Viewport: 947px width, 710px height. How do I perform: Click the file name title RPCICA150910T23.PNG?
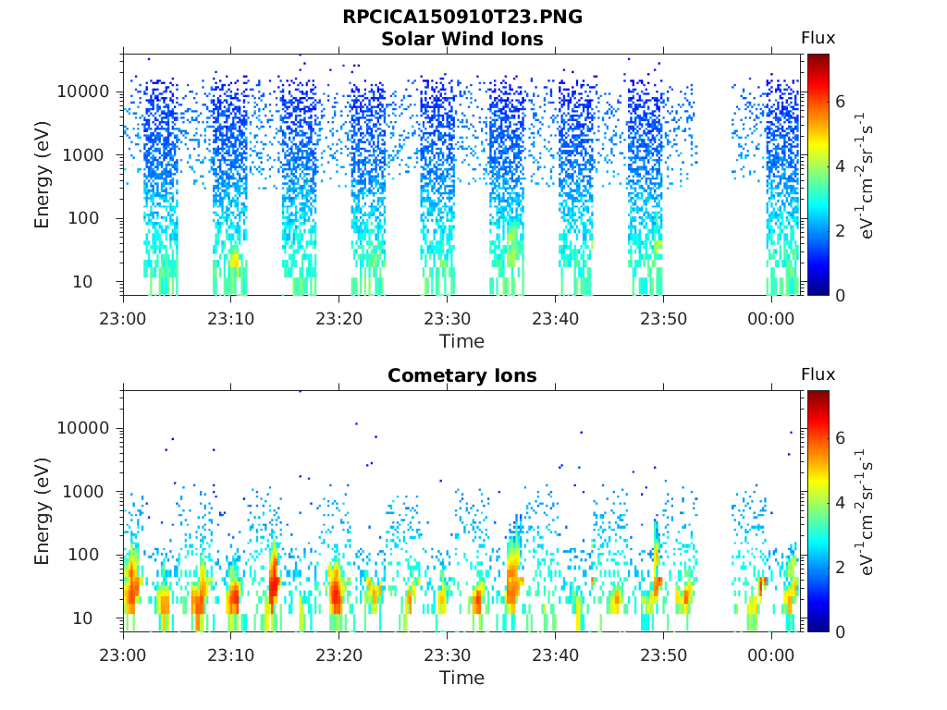(462, 17)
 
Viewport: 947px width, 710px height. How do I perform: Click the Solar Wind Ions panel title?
(462, 39)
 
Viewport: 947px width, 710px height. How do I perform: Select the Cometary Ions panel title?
(462, 375)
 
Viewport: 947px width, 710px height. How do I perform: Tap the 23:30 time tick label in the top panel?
(447, 319)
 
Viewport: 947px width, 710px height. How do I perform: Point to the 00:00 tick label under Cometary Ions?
(770, 655)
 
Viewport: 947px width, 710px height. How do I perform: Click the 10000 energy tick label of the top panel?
(83, 92)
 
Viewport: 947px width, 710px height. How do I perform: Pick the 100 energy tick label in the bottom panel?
(83, 555)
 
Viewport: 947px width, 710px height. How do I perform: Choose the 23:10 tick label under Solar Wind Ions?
(230, 319)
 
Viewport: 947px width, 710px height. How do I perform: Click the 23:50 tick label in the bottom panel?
(663, 655)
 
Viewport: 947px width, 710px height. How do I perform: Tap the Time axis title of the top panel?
(462, 342)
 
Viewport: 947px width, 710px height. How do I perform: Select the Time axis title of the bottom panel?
(462, 678)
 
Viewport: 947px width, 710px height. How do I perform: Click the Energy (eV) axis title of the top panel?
(42, 175)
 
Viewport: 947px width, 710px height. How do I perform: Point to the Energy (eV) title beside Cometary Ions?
(42, 511)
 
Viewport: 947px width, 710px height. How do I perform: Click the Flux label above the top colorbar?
(818, 38)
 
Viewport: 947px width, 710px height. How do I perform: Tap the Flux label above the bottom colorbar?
(818, 374)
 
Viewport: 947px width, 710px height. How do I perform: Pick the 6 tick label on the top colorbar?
(840, 102)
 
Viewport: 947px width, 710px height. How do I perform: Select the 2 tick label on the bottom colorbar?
(840, 567)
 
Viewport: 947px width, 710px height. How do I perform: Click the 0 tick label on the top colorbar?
(840, 295)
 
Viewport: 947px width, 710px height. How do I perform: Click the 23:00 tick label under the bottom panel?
(123, 655)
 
